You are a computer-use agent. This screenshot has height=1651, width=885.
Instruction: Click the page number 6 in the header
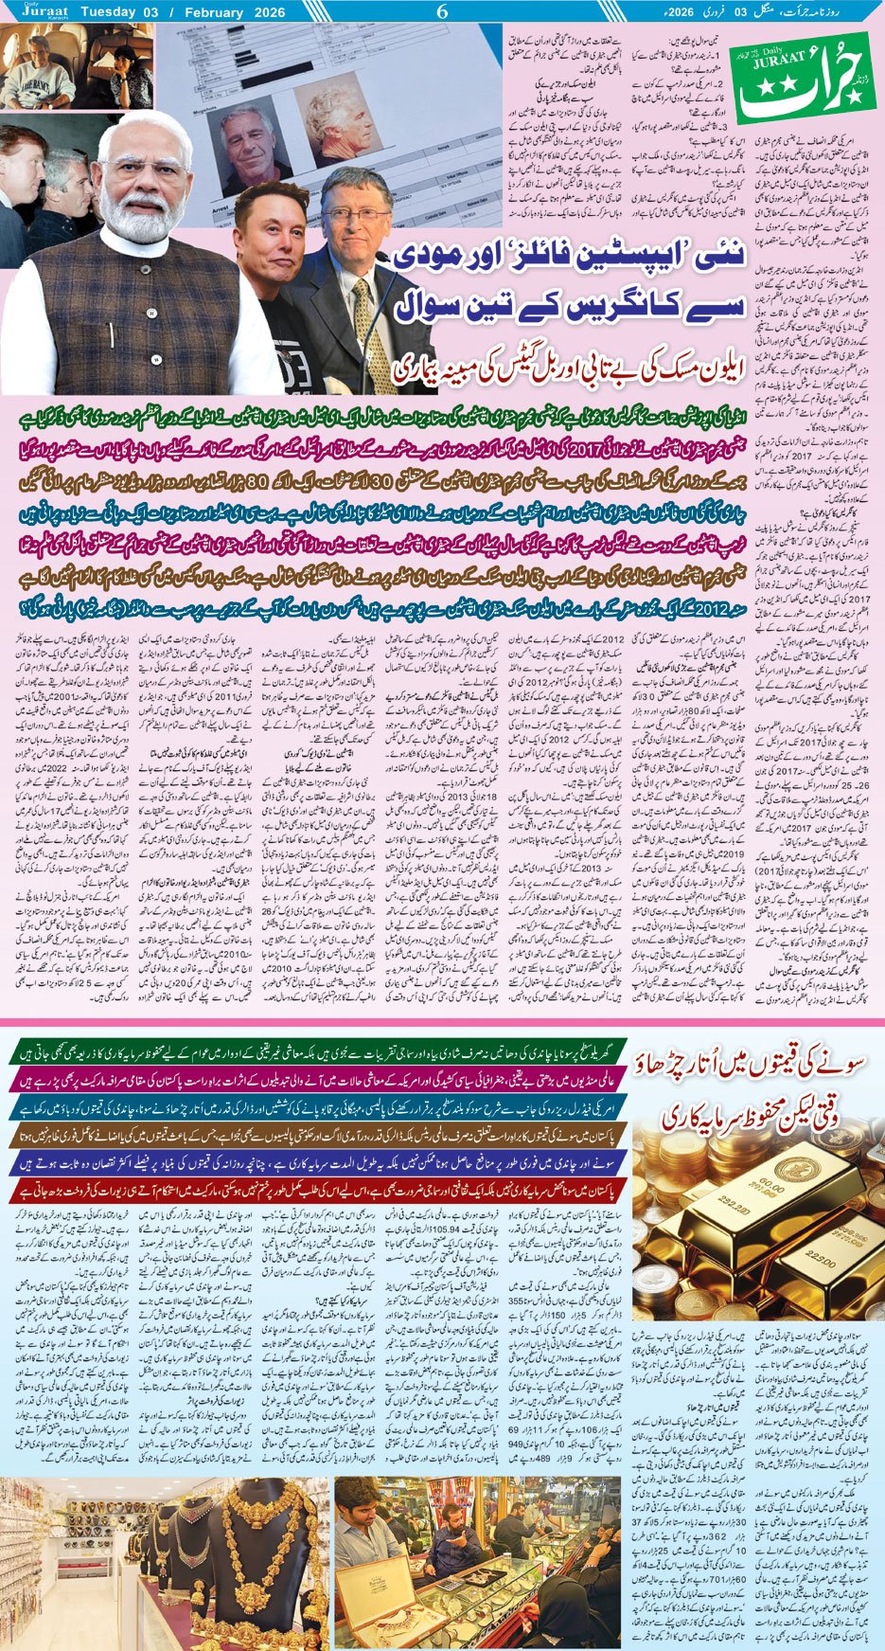441,12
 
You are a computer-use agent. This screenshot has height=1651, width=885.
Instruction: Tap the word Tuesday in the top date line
112,12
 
